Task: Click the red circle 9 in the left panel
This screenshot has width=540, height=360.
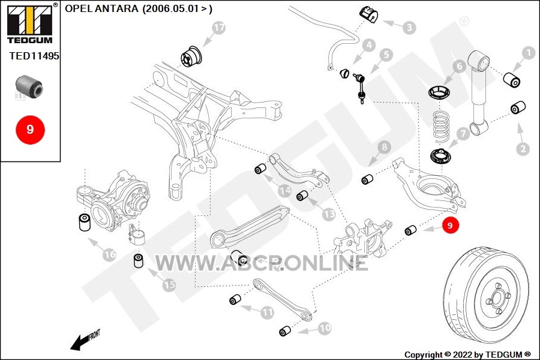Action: [x=31, y=130]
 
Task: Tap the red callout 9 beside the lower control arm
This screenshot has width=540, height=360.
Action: [x=449, y=226]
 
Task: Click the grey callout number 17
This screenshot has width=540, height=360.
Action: [x=218, y=28]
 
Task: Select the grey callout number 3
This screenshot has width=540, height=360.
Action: [x=409, y=28]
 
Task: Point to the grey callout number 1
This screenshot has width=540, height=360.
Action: [x=528, y=53]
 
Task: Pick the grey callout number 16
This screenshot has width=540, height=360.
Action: [x=110, y=254]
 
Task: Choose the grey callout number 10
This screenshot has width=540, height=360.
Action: [x=325, y=328]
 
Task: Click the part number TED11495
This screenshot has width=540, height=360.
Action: [x=34, y=56]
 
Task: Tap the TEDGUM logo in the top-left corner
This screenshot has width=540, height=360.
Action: [x=30, y=23]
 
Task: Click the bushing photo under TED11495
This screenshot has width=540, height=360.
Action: [x=29, y=86]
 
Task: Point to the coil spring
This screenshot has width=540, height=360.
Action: [x=441, y=126]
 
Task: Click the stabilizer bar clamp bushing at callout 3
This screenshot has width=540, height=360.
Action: [x=368, y=15]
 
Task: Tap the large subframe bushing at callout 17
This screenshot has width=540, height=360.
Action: [x=193, y=56]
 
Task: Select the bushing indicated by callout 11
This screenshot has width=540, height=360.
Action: [x=235, y=299]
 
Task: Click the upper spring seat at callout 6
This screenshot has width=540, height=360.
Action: [x=439, y=92]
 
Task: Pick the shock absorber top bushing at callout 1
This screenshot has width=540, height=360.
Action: [x=512, y=80]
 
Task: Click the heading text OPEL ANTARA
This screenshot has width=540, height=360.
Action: [x=101, y=8]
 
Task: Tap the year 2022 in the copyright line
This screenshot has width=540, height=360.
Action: [x=463, y=355]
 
